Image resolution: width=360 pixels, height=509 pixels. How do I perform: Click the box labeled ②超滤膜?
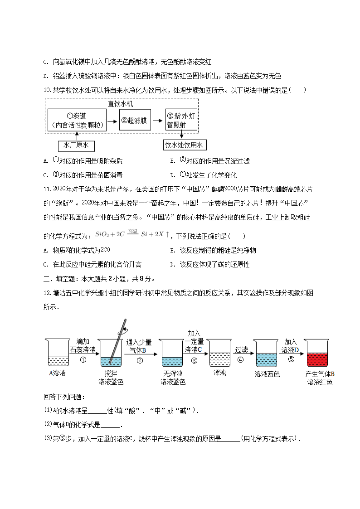click(135, 120)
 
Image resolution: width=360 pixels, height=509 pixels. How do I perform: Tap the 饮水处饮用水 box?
click(185, 145)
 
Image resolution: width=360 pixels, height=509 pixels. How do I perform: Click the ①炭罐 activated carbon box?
click(77, 120)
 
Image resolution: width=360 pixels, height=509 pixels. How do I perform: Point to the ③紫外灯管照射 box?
click(181, 120)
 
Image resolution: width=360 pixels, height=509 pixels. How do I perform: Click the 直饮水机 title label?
click(121, 104)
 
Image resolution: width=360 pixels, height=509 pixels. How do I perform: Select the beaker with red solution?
click(317, 353)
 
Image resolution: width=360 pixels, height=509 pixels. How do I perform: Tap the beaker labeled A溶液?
click(58, 353)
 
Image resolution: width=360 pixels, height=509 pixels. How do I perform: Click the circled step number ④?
click(240, 360)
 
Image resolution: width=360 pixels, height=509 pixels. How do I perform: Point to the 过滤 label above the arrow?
click(241, 349)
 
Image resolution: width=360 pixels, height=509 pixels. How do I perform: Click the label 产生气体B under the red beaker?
click(320, 374)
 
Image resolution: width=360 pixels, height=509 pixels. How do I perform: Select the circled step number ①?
click(83, 360)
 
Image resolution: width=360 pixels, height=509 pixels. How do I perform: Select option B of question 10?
click(210, 161)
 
